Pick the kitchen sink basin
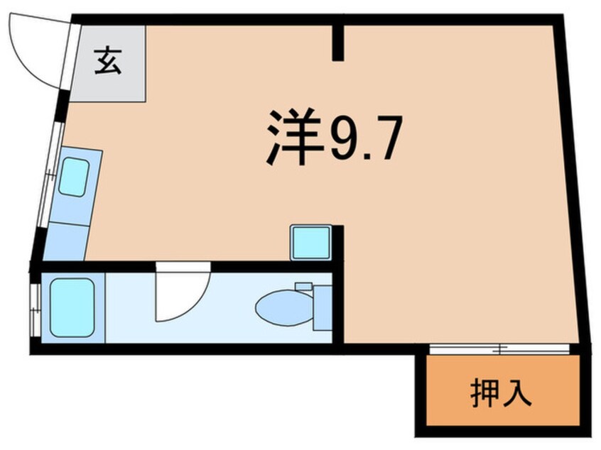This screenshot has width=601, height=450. (73, 177)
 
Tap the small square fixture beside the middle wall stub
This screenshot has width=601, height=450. (310, 243)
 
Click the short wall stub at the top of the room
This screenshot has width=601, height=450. (340, 42)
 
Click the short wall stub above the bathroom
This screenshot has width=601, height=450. (340, 245)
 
